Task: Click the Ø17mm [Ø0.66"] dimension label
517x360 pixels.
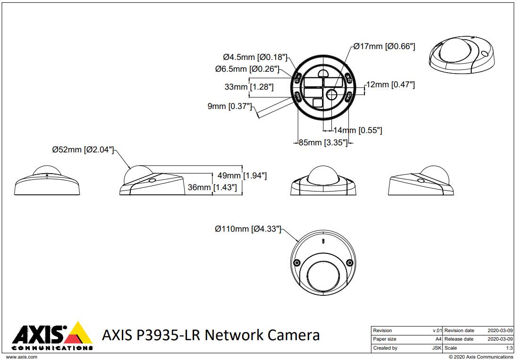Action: tap(384, 46)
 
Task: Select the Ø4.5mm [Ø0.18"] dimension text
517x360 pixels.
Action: tap(255, 57)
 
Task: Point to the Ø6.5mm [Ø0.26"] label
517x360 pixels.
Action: tap(247, 69)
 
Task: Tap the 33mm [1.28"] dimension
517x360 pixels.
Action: tap(249, 87)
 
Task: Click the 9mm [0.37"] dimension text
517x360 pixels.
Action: tap(229, 106)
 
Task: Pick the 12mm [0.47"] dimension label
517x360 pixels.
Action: tap(390, 84)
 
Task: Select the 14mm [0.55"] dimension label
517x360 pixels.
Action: tap(357, 130)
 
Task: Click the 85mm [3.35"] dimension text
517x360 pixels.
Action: tap(323, 142)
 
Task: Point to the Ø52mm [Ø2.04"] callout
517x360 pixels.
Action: tap(83, 150)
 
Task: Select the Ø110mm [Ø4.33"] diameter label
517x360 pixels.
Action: tap(248, 229)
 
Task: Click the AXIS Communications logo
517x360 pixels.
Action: tap(52, 336)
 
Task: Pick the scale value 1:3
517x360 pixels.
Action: tap(509, 348)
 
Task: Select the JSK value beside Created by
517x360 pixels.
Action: tap(437, 348)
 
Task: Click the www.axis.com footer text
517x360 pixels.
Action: tap(22, 357)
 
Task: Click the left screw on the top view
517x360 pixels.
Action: tap(297, 263)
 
